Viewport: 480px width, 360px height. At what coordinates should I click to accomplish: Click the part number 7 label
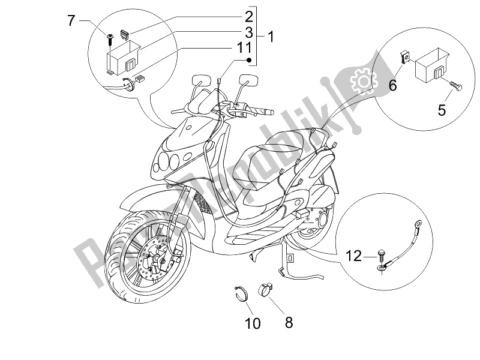click(71, 21)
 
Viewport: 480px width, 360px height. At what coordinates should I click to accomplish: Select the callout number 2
click(248, 16)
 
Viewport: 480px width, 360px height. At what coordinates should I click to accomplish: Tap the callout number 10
click(253, 324)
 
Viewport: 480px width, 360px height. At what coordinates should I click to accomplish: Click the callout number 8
click(289, 322)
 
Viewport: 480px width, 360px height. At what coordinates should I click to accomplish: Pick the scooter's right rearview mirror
click(245, 80)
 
